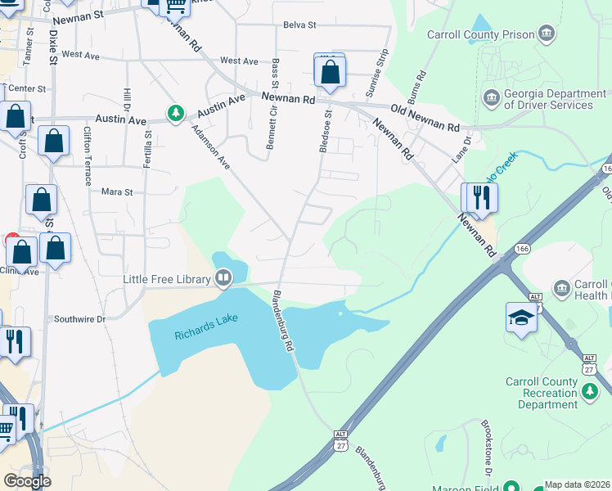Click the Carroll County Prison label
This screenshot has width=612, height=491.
point(480,34)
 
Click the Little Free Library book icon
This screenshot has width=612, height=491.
point(223,279)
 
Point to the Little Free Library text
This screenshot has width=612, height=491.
point(167,279)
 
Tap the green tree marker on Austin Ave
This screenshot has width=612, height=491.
point(175,113)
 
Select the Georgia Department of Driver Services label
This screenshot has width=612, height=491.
point(555,100)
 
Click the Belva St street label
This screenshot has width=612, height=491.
point(299,25)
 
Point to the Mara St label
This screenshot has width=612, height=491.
point(116,192)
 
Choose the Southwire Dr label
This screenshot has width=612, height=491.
point(79,319)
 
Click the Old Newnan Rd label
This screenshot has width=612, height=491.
point(425,119)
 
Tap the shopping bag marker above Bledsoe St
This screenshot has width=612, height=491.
point(329,73)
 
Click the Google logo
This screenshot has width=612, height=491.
point(27,481)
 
